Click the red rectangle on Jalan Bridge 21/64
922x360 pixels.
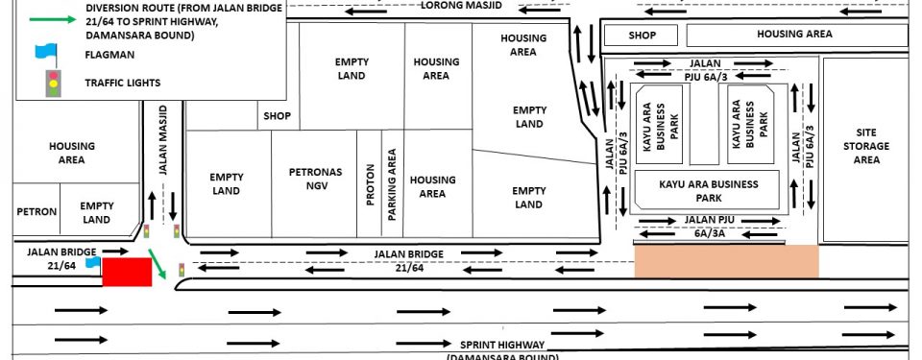pos(127,272)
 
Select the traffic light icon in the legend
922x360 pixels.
pos(54,84)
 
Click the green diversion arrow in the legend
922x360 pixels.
pos(53,19)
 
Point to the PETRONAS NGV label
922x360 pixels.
pos(315,180)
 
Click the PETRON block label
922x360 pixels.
pos(36,212)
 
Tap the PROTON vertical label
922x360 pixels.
pos(370,184)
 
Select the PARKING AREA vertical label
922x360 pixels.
pos(392,184)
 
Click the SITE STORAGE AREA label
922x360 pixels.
pos(866,146)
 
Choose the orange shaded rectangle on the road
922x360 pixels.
pos(727,261)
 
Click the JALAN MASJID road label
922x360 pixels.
pos(163,140)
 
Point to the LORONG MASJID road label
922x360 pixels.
pos(462,6)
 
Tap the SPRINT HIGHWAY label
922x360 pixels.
pos(502,345)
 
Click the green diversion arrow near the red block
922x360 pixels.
pos(157,264)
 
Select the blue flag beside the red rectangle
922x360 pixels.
pos(93,262)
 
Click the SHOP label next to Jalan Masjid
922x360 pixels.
pos(277,116)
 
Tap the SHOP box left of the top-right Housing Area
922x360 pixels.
pos(642,36)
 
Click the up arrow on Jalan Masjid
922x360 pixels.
pos(153,205)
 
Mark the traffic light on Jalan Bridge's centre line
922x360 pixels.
pos(182,270)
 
